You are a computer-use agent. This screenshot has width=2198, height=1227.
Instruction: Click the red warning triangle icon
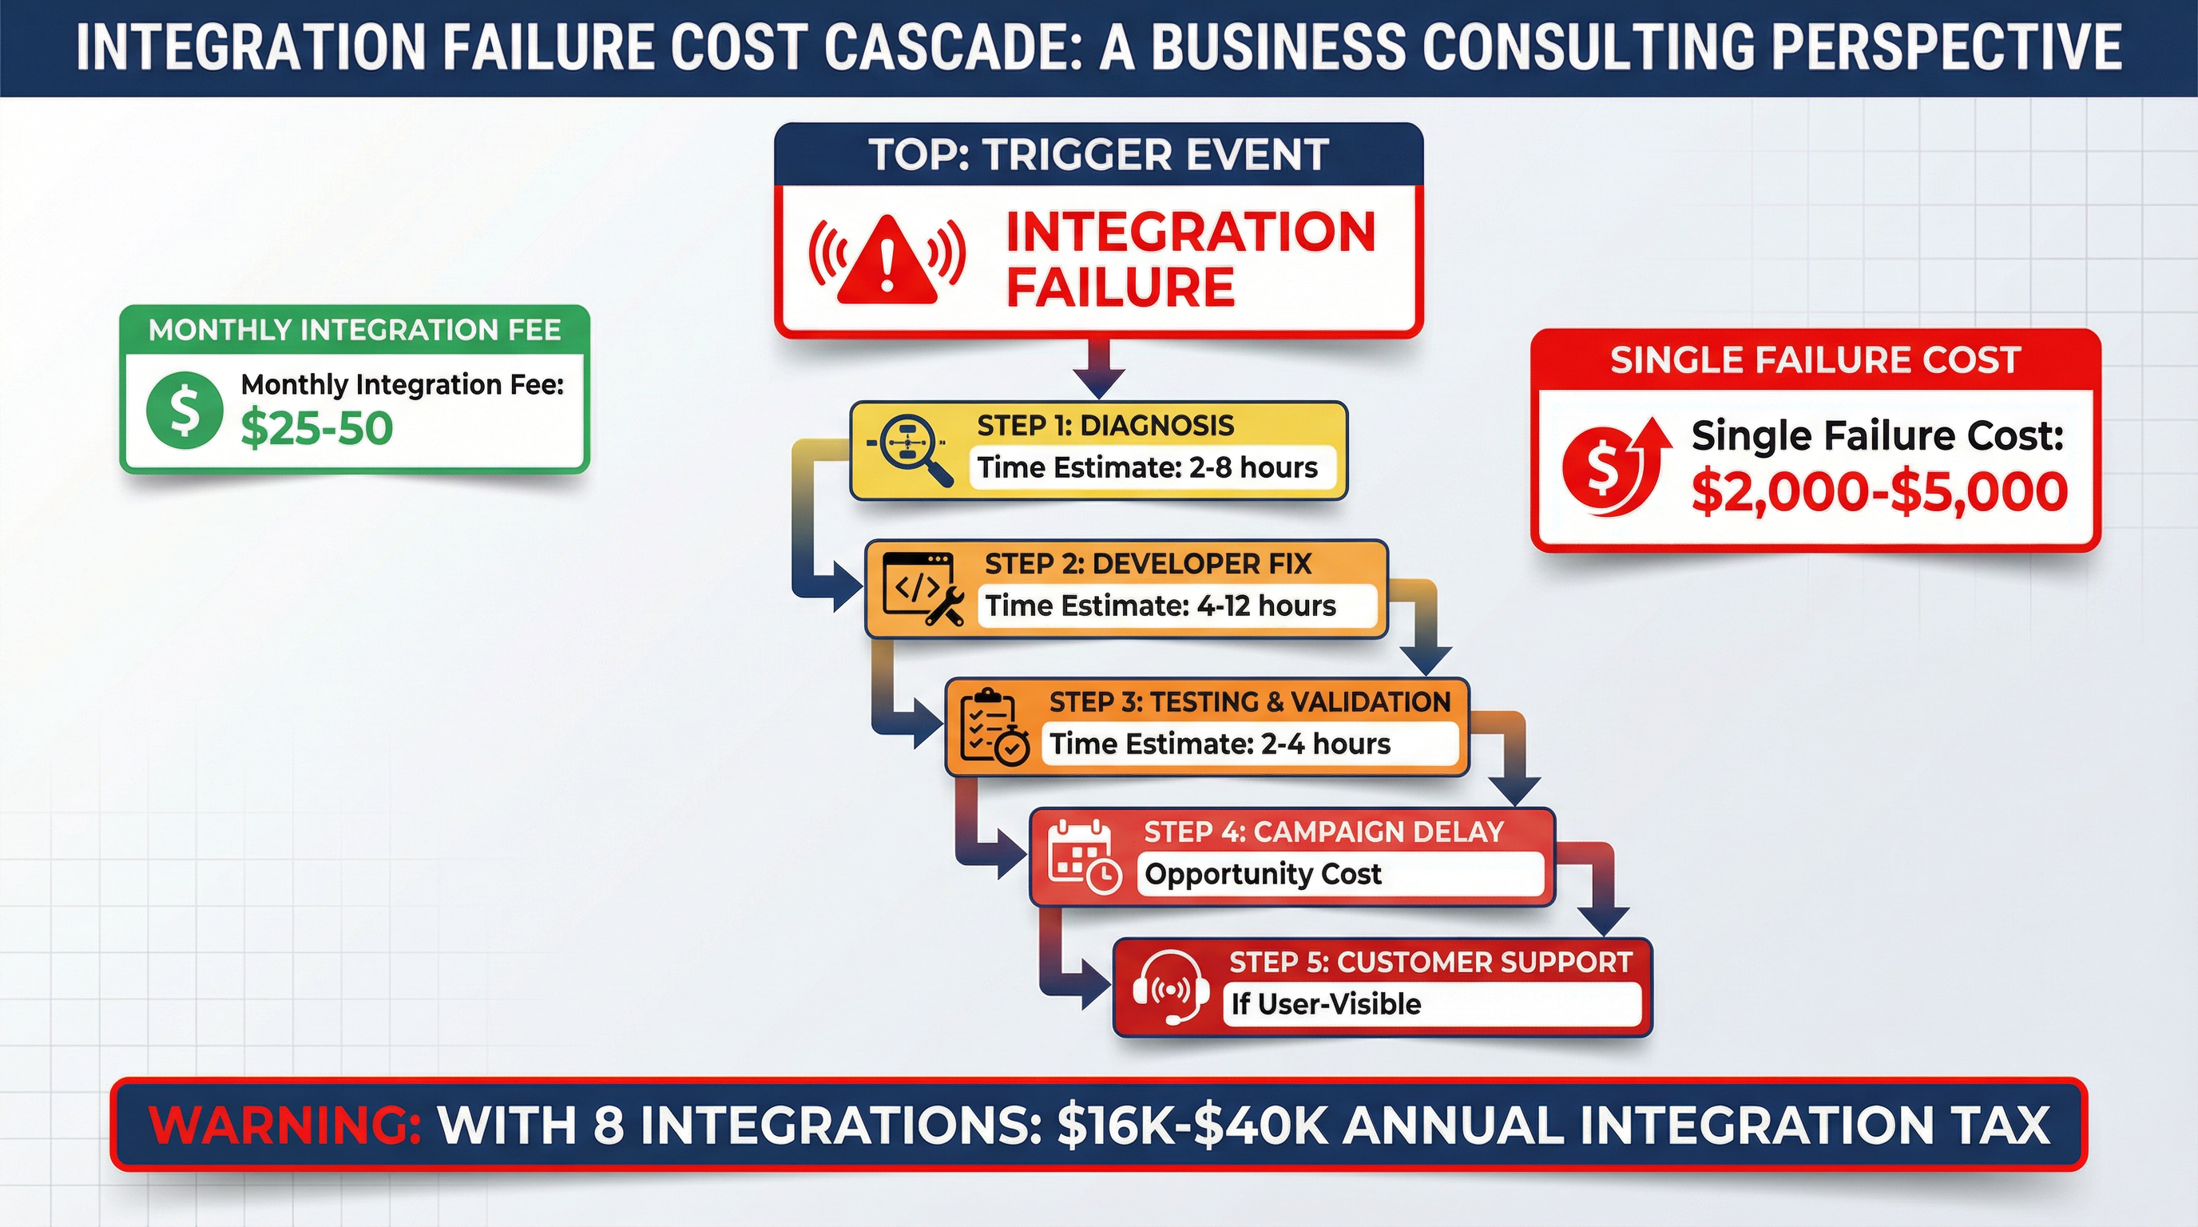click(887, 260)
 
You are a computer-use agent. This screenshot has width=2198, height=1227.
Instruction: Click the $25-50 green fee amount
click(316, 428)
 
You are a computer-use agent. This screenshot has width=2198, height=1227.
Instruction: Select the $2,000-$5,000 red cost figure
click(1879, 492)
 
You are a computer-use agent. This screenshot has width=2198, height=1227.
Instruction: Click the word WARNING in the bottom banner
click(285, 1126)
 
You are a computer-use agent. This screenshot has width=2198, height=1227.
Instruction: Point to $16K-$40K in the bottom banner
click(1192, 1126)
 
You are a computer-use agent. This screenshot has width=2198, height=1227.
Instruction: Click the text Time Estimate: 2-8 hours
click(1147, 467)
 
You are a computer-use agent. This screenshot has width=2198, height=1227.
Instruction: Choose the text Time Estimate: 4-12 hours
click(1160, 606)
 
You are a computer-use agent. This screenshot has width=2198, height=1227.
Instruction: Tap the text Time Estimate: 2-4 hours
click(1220, 744)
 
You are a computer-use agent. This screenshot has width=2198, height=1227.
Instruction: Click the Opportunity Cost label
click(1262, 875)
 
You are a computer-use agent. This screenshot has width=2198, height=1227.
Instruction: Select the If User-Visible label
click(1326, 1004)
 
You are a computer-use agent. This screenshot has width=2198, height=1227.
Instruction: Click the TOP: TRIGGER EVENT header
click(1098, 155)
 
